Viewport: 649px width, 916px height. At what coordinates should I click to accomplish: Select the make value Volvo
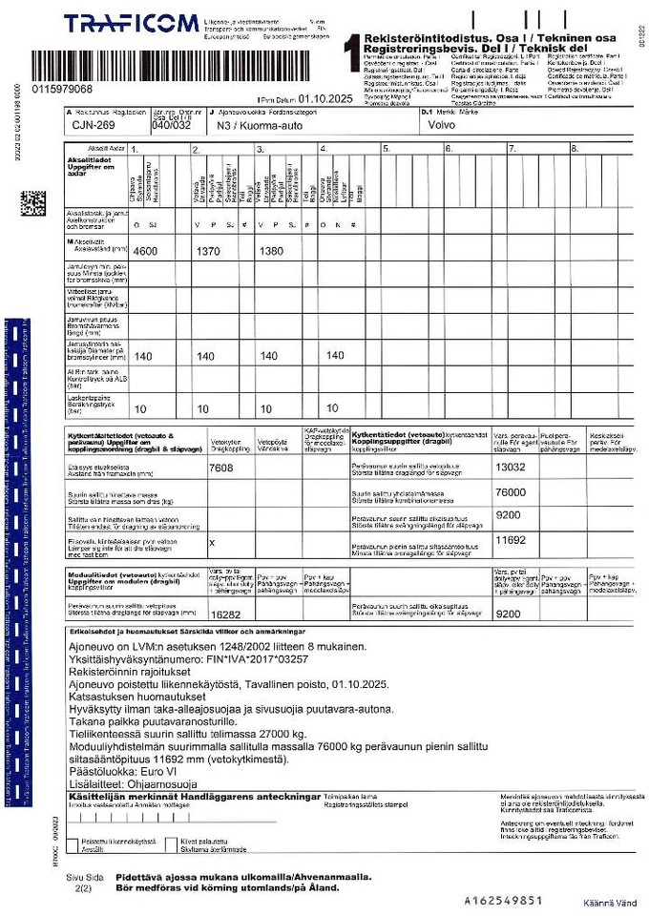click(x=443, y=125)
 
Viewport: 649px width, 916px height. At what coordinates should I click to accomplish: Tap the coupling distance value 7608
click(x=220, y=468)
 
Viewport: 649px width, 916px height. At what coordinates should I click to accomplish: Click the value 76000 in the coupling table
click(x=511, y=492)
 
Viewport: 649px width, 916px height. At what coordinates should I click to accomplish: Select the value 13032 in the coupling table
click(x=511, y=468)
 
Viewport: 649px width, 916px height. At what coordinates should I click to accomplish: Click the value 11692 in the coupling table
click(x=511, y=540)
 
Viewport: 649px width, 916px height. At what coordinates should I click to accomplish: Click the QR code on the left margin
click(x=33, y=204)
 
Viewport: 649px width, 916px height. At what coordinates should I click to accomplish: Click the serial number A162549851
click(x=503, y=900)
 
